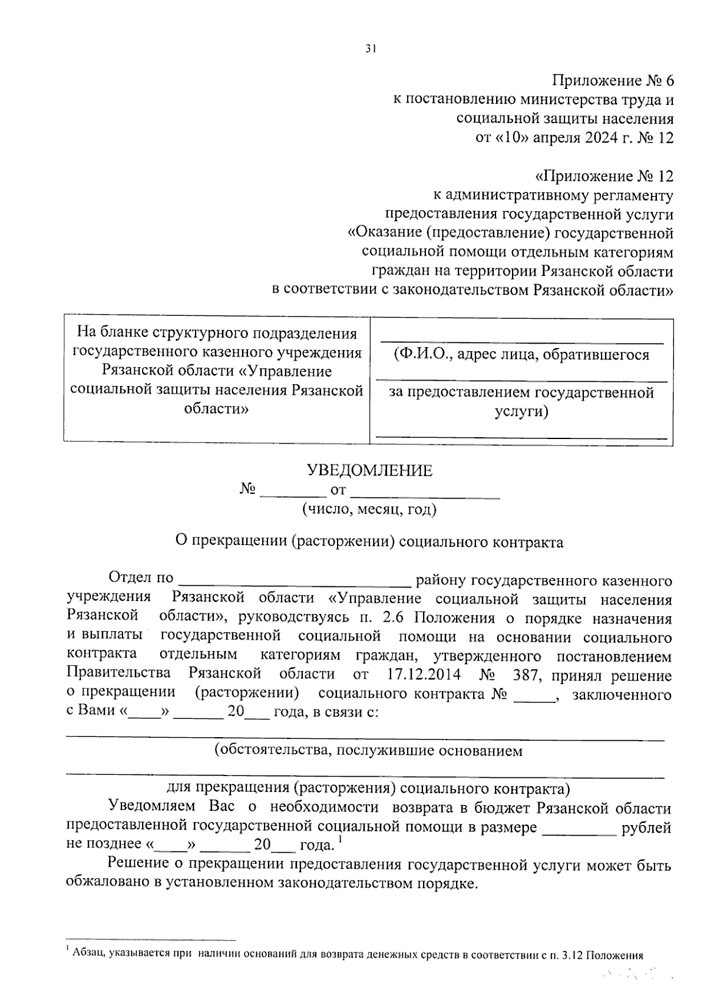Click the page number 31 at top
point(370,49)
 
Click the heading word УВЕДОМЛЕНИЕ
point(369,470)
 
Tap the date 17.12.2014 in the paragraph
point(424,674)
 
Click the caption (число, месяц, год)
point(369,509)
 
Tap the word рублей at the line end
point(646,827)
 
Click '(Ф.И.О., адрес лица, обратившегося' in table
point(521,354)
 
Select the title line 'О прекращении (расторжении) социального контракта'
point(369,542)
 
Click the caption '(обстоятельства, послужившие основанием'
point(368,751)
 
